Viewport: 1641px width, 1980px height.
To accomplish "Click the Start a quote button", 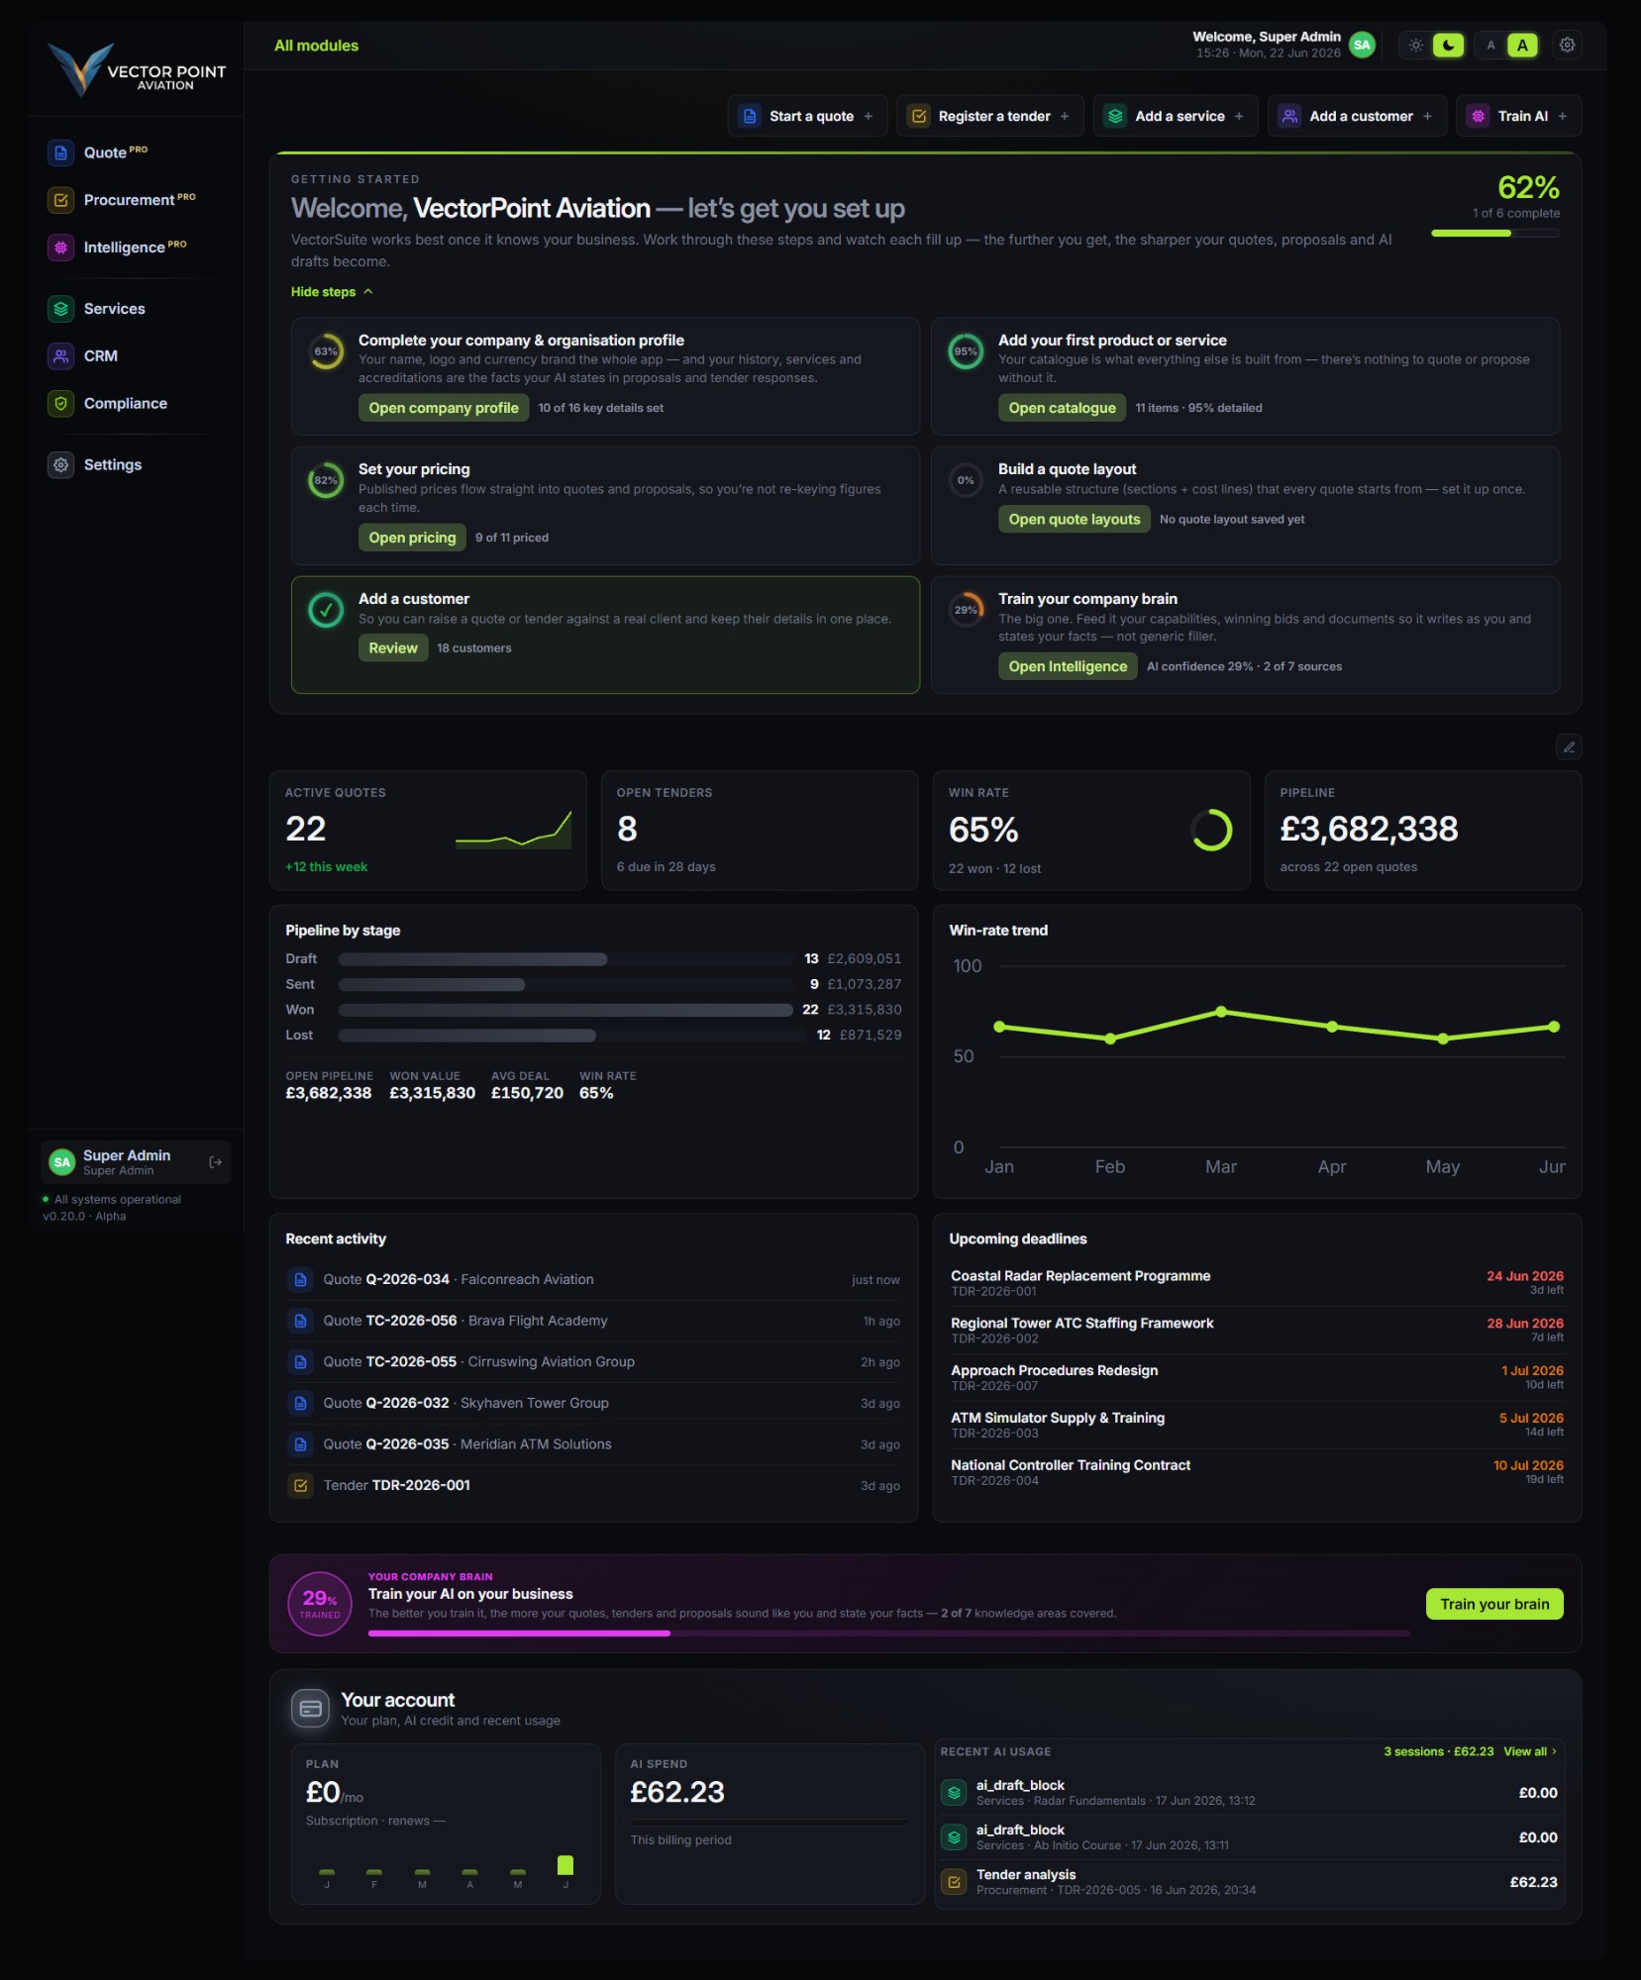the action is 807,116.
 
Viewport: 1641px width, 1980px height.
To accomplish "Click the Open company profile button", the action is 444,408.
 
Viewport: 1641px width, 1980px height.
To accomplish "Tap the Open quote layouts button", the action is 1074,519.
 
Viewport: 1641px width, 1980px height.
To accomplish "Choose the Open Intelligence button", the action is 1068,666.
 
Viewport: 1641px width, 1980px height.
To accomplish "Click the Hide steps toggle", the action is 332,292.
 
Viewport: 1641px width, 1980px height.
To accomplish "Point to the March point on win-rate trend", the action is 1221,1012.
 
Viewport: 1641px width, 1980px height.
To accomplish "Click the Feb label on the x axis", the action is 1109,1166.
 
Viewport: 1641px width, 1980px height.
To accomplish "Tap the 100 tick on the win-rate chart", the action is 967,965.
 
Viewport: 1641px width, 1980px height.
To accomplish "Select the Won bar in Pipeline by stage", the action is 565,1010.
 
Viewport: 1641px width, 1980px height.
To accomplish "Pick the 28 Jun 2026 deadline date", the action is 1524,1323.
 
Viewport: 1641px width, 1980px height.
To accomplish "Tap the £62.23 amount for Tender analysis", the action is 1533,1882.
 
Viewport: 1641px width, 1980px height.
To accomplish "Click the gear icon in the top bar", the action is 1567,45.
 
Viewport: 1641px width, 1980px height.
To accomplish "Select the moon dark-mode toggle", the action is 1448,45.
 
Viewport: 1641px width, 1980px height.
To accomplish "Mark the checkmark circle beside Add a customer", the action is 325,610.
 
